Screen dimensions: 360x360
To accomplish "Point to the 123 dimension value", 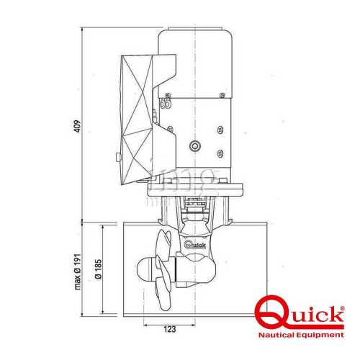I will [x=170, y=330].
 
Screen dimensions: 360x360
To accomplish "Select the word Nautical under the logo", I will [x=279, y=336].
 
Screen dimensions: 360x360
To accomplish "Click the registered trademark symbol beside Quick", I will [x=342, y=308].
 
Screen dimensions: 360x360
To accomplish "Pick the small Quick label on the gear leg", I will [x=194, y=245].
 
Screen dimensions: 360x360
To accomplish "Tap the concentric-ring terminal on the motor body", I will [x=194, y=146].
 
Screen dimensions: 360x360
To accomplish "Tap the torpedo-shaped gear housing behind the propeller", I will [x=194, y=263].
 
